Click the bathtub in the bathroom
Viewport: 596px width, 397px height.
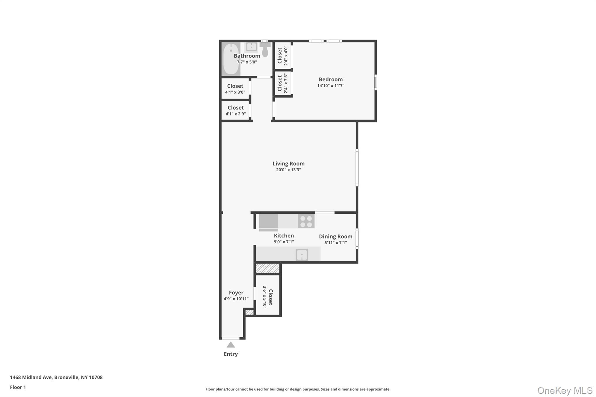click(231, 59)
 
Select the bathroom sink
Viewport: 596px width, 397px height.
click(251, 47)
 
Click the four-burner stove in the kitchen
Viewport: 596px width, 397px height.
click(306, 221)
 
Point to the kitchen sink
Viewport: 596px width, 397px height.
click(302, 255)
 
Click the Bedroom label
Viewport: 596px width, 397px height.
click(331, 79)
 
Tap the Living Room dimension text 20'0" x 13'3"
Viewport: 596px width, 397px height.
click(288, 170)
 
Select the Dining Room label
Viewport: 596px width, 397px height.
click(336, 236)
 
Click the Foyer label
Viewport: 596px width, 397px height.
click(236, 293)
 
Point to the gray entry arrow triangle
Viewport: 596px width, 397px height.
click(231, 345)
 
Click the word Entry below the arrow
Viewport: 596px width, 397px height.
click(231, 354)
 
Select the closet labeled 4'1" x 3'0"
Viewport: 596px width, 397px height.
click(235, 89)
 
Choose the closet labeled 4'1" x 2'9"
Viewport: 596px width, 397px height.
click(235, 111)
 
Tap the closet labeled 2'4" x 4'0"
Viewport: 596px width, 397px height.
click(283, 56)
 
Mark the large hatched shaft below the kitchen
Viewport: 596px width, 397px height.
click(267, 268)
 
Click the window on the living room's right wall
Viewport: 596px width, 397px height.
click(357, 168)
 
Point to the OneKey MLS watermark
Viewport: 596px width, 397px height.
click(565, 390)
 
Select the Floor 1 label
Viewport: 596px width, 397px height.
click(18, 387)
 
